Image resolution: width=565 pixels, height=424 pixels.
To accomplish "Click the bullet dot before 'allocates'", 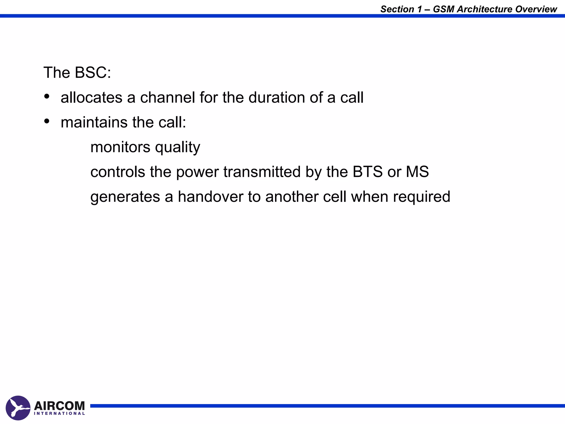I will (x=47, y=96).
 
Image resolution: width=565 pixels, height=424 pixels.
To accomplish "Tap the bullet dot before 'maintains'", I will (x=47, y=121).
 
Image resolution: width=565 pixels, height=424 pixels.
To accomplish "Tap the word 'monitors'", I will (x=120, y=147).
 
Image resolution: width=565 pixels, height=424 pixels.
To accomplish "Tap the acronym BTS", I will (x=367, y=172).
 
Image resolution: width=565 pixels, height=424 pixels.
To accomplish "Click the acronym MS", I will (x=417, y=172).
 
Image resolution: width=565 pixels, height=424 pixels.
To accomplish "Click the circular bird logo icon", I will (x=18, y=408).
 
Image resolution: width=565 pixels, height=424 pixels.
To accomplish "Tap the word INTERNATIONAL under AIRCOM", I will (x=59, y=414).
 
